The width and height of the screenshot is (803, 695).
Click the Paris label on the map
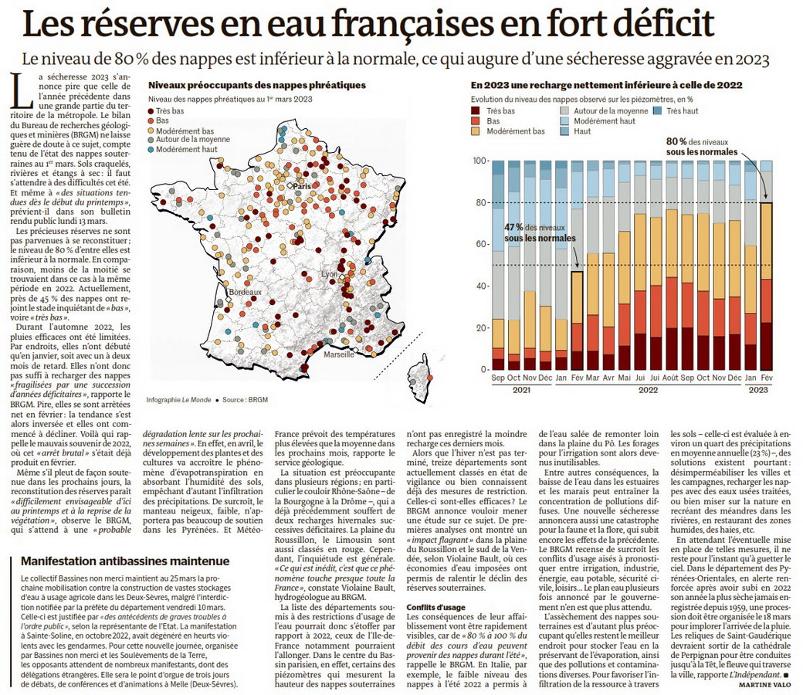pos(302,186)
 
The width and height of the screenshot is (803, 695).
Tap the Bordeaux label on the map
pos(245,292)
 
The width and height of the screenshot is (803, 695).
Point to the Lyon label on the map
pos(329,274)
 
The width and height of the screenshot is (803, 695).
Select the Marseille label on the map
pos(338,354)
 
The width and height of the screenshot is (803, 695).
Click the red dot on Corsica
pos(429,378)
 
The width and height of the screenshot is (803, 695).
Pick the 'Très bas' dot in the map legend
pos(151,110)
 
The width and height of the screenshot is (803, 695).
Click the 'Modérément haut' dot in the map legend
pos(151,150)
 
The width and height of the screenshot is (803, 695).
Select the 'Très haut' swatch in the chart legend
pos(658,110)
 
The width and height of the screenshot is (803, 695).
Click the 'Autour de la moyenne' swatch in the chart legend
pos(565,110)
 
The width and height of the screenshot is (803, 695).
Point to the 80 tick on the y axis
pos(480,202)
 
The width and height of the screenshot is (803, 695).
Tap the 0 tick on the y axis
pos(483,369)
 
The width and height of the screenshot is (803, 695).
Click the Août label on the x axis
pos(670,378)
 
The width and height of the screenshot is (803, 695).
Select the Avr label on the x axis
pos(608,378)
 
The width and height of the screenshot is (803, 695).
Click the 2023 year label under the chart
pos(758,390)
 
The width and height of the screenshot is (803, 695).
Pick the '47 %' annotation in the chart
pos(513,227)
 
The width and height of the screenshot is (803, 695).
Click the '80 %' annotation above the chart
pos(676,141)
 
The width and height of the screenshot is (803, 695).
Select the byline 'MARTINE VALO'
pos(764,684)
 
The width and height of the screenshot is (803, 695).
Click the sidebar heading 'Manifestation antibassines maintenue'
pos(125,561)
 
